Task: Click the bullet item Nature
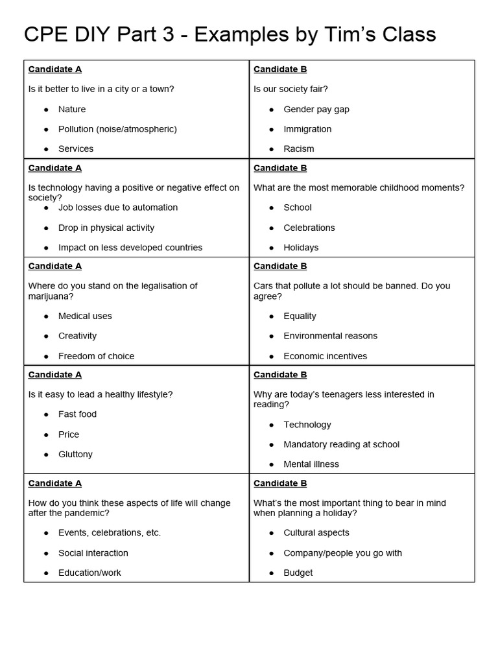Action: coord(72,109)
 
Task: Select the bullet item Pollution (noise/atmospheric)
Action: coord(117,129)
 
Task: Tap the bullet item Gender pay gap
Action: coord(316,109)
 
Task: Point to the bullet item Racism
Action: coord(299,148)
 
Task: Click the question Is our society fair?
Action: coord(290,89)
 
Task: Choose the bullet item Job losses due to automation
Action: coord(118,207)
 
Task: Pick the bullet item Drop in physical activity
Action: coord(106,228)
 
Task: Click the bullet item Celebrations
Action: coord(309,228)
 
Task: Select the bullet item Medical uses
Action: coord(85,316)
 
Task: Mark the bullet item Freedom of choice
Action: coord(97,356)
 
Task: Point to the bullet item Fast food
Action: coord(77,414)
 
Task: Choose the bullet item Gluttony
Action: coord(75,454)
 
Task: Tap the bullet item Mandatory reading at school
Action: coord(342,444)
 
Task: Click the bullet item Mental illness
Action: coord(311,464)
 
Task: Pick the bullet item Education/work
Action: coord(89,573)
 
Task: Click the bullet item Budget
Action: coord(298,573)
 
